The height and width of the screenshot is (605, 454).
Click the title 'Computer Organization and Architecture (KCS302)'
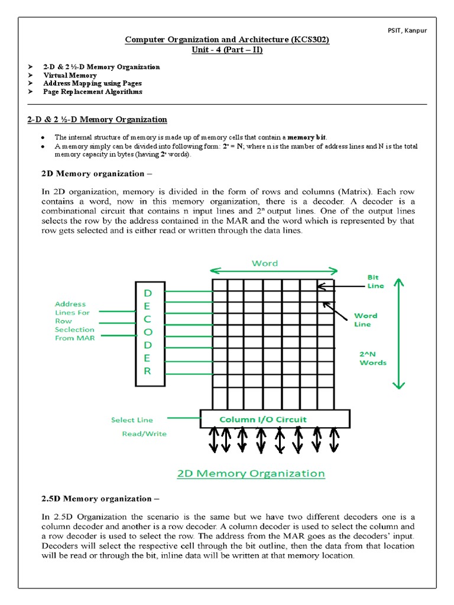226,40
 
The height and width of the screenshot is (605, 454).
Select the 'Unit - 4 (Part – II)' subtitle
226,50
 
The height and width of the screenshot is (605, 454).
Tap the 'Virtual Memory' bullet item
70,76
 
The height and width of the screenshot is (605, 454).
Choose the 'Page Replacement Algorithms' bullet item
92,92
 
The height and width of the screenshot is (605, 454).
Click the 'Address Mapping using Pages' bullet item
92,84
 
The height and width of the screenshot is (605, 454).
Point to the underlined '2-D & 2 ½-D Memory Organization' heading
97,119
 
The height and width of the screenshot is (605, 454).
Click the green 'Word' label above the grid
264,263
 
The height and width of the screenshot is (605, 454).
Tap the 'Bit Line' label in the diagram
375,281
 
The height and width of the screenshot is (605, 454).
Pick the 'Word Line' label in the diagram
366,320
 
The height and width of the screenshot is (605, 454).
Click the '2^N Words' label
373,358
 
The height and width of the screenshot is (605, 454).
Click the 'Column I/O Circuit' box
263,419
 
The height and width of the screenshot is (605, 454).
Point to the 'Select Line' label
132,420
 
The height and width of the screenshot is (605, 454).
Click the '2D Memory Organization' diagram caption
251,473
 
